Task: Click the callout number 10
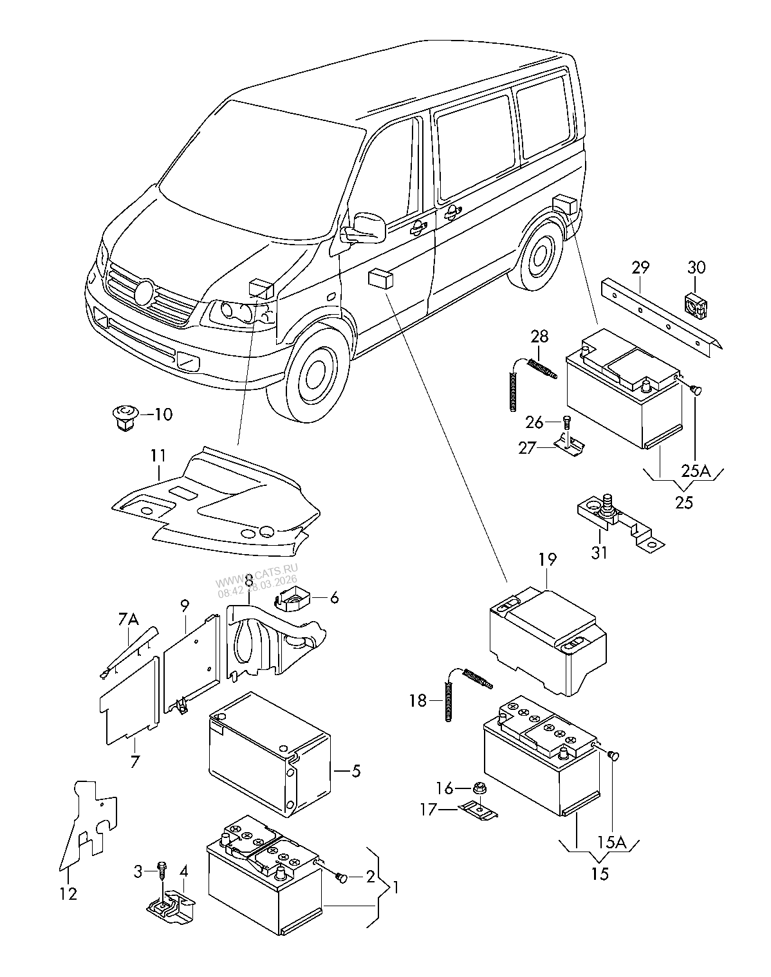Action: tap(163, 414)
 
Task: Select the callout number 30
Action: tap(696, 267)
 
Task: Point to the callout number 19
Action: tap(547, 559)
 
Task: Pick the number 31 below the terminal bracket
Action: tap(599, 552)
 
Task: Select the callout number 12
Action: tap(68, 893)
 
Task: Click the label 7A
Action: tap(129, 619)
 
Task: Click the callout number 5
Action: tap(355, 770)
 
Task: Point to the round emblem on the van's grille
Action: tap(145, 293)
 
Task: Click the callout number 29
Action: tap(640, 267)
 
